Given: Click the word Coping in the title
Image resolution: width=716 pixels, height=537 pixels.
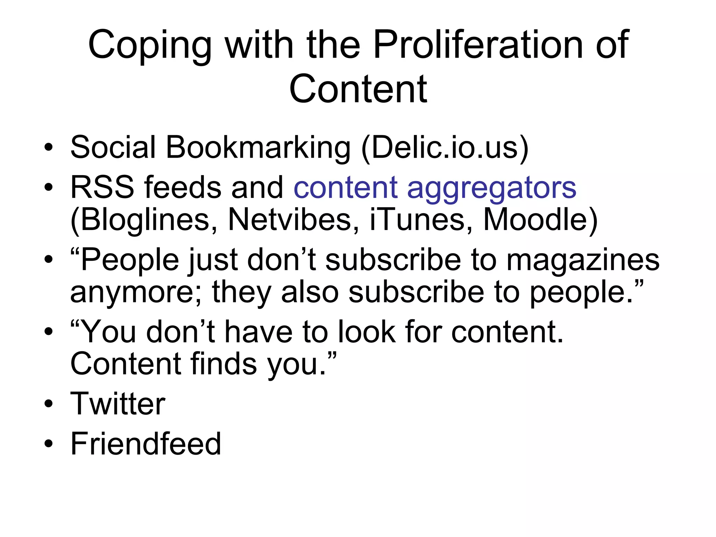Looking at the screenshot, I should click(x=150, y=45).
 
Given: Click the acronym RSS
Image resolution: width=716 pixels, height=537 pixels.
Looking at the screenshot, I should click(x=102, y=187).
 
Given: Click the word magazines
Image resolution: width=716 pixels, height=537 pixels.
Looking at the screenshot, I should click(x=583, y=260).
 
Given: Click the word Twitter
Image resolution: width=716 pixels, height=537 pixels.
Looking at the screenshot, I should click(x=118, y=403).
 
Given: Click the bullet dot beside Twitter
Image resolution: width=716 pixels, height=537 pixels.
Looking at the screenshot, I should click(x=49, y=404).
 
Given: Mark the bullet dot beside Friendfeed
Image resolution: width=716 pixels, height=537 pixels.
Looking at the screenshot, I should click(x=49, y=444).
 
